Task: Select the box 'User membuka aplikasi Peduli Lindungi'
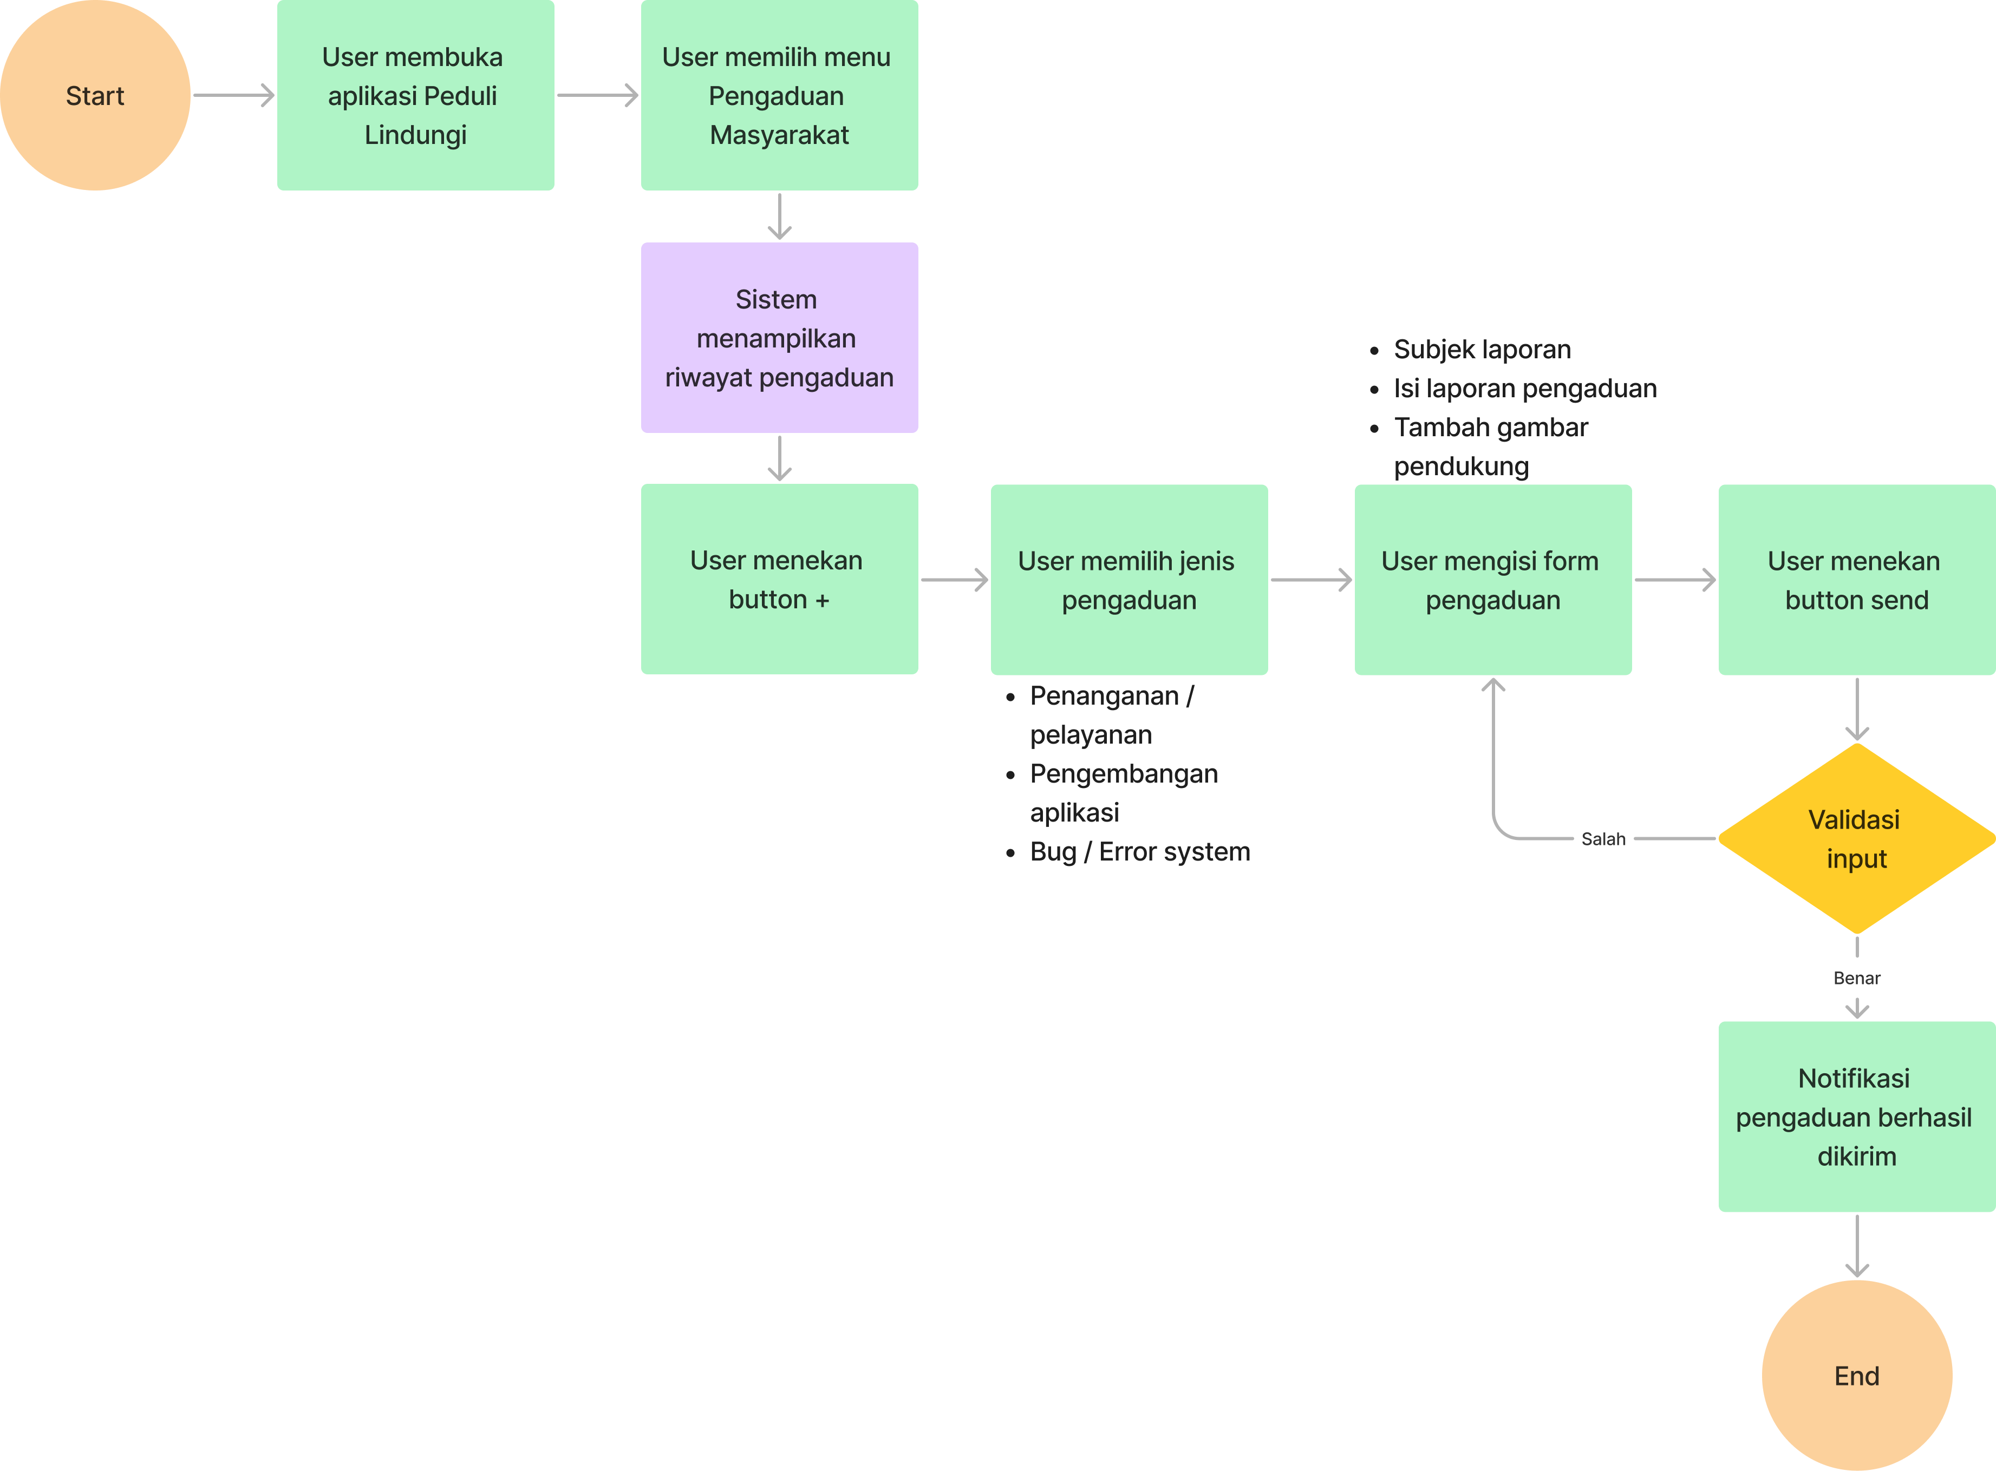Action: (x=415, y=95)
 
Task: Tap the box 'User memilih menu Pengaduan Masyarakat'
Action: (x=779, y=95)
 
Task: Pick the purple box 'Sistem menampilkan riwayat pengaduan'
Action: (x=779, y=338)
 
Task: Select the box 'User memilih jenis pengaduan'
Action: (x=1129, y=580)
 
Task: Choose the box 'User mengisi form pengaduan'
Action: (x=1493, y=580)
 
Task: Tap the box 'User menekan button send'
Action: (x=1856, y=580)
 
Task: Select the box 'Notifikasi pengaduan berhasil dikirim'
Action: (x=1856, y=1116)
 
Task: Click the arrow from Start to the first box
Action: (x=233, y=95)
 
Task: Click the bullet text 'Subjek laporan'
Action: (x=1481, y=349)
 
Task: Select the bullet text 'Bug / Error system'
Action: (x=1139, y=851)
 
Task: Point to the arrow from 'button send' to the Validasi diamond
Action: (x=1856, y=709)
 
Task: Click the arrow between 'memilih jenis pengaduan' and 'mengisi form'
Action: (x=1310, y=580)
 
